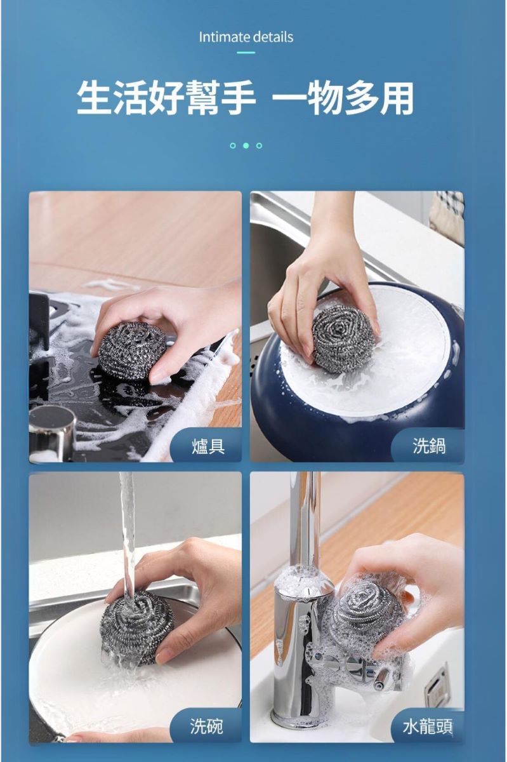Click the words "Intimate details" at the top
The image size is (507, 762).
(x=246, y=37)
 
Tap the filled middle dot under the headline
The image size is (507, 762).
(x=246, y=145)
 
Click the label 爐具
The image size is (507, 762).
(x=208, y=446)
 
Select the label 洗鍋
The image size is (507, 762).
(x=429, y=446)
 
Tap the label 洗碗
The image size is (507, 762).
(x=207, y=726)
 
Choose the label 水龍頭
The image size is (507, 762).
(x=428, y=726)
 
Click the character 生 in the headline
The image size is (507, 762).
(x=96, y=98)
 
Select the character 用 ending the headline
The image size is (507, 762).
(x=397, y=98)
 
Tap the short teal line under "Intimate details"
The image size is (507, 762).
(x=246, y=53)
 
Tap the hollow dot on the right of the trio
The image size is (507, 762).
(x=259, y=145)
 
